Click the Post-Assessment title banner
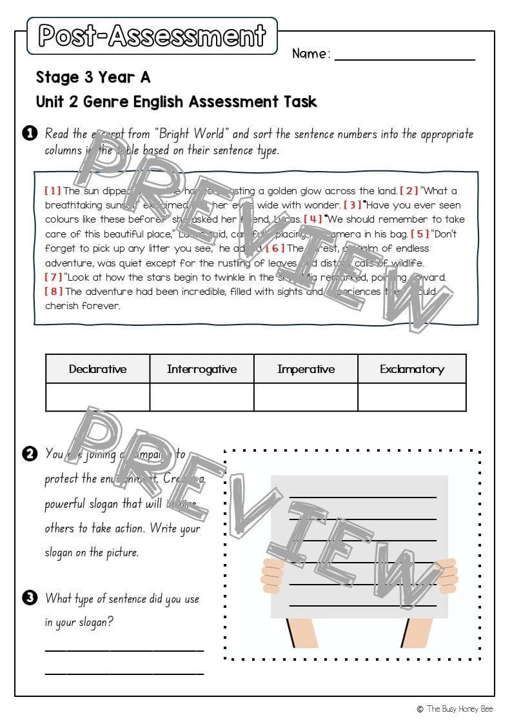coord(152,35)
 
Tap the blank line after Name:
coord(404,57)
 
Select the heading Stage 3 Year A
coord(93,77)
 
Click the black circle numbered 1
coord(29,134)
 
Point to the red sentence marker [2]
coord(409,190)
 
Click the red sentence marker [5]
coord(420,234)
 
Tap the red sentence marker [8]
coord(54,291)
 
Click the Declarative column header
coord(97,369)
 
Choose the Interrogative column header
coord(202,369)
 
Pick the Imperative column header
coord(306,369)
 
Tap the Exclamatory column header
coord(412,369)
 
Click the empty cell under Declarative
coord(97,397)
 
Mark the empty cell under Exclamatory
coord(412,397)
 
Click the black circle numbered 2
coord(29,454)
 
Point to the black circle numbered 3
coord(29,598)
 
